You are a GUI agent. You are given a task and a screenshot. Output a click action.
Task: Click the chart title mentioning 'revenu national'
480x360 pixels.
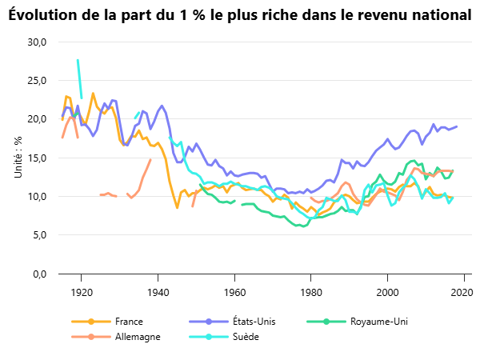pos(240,15)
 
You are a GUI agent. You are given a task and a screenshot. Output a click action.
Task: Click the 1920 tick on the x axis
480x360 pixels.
pos(82,290)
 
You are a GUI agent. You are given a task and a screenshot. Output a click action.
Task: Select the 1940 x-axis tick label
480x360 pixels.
pos(158,290)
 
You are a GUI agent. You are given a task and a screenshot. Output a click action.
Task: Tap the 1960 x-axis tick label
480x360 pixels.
pos(234,290)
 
